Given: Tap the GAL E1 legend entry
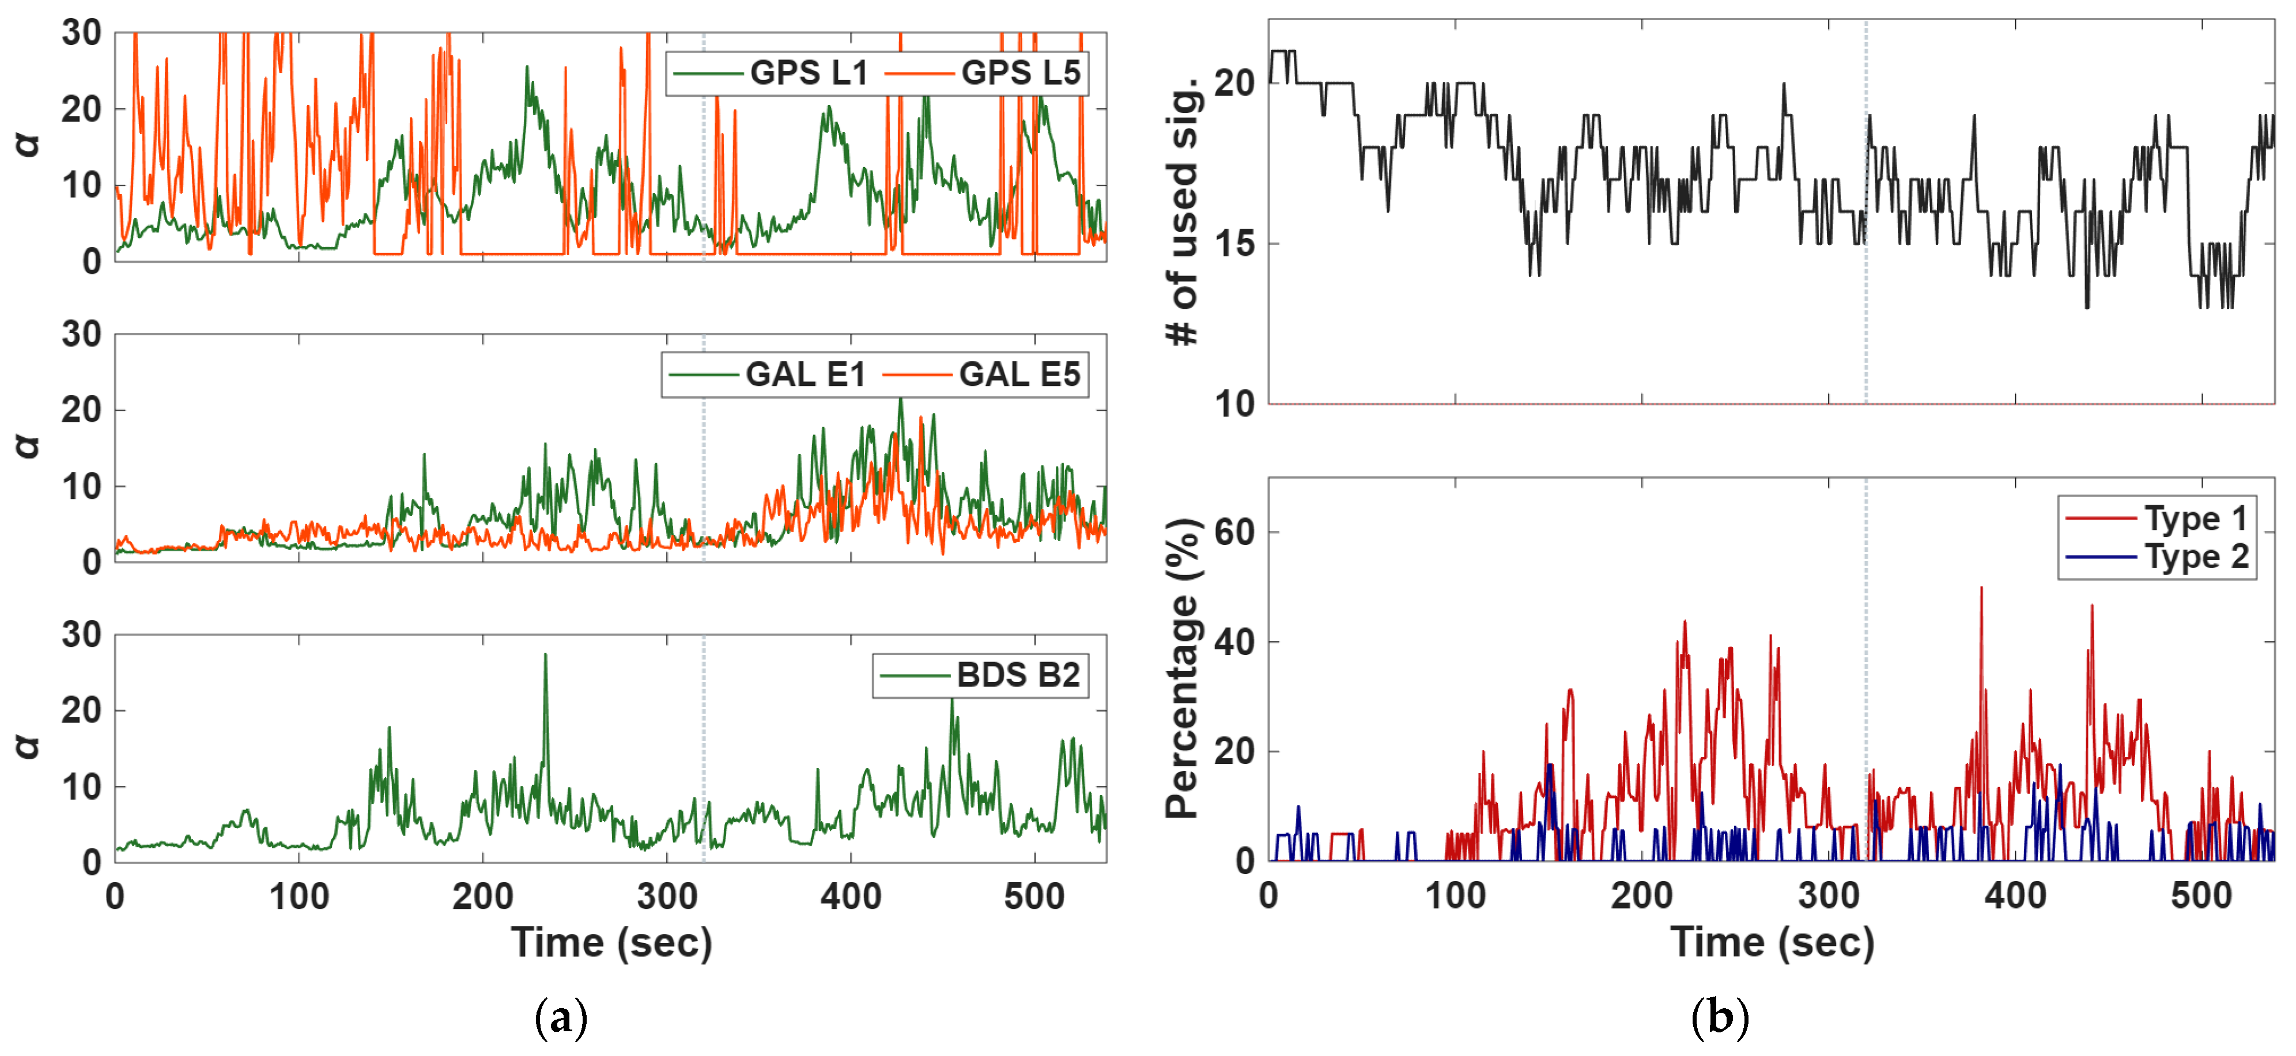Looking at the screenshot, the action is (768, 374).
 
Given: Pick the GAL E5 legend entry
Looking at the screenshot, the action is (981, 374).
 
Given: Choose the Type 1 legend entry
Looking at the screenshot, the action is (2157, 518).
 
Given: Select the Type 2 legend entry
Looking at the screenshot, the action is (2157, 557).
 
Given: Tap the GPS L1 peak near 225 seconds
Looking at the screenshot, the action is (527, 67).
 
